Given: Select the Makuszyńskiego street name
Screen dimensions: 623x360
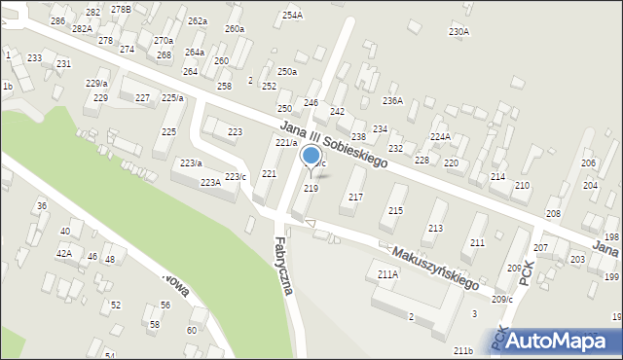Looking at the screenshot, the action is [x=434, y=266].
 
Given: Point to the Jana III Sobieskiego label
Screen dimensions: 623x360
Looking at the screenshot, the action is [x=333, y=144].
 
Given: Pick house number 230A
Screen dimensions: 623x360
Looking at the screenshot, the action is [x=458, y=32].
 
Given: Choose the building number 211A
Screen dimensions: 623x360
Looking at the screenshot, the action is [x=387, y=274].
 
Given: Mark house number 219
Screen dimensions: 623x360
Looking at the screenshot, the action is [x=311, y=188].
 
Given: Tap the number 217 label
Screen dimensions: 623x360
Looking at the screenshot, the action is [x=355, y=197].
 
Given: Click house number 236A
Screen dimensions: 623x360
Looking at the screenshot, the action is [x=392, y=100].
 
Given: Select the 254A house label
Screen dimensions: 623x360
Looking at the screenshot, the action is [x=292, y=16].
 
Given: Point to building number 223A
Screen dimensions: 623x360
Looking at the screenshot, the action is [x=210, y=183].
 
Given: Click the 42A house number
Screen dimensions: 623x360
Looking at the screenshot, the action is [x=63, y=253].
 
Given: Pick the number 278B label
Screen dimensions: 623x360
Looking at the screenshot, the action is [x=121, y=9].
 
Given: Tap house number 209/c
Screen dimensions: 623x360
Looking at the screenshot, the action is [x=502, y=299].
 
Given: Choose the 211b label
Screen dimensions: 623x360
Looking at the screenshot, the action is [x=463, y=350].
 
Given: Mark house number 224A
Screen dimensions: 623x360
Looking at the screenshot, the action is [x=440, y=137].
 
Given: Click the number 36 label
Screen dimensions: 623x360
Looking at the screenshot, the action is [x=41, y=205].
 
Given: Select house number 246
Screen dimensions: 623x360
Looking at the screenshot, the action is [x=311, y=102].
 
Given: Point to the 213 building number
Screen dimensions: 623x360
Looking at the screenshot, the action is [x=435, y=228].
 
